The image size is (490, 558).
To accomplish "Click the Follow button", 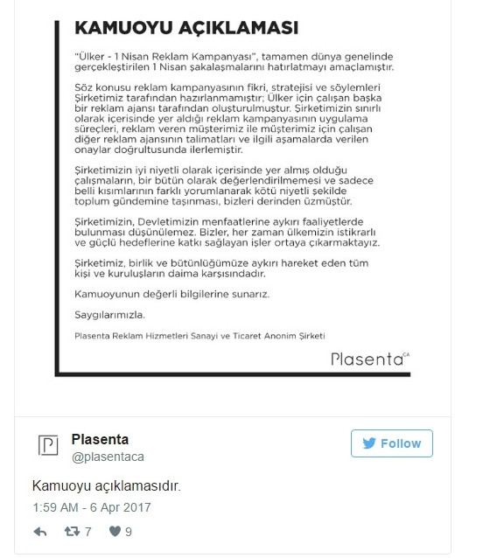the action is pos(392,443).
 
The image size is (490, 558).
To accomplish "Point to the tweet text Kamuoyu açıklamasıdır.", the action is pos(107,485).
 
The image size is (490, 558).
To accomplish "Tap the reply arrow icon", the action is pos(40,531).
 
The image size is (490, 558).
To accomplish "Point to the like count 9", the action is pos(129,531).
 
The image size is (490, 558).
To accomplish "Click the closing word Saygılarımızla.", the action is pos(108,312).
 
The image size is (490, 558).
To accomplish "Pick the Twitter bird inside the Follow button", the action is pos(367,443).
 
